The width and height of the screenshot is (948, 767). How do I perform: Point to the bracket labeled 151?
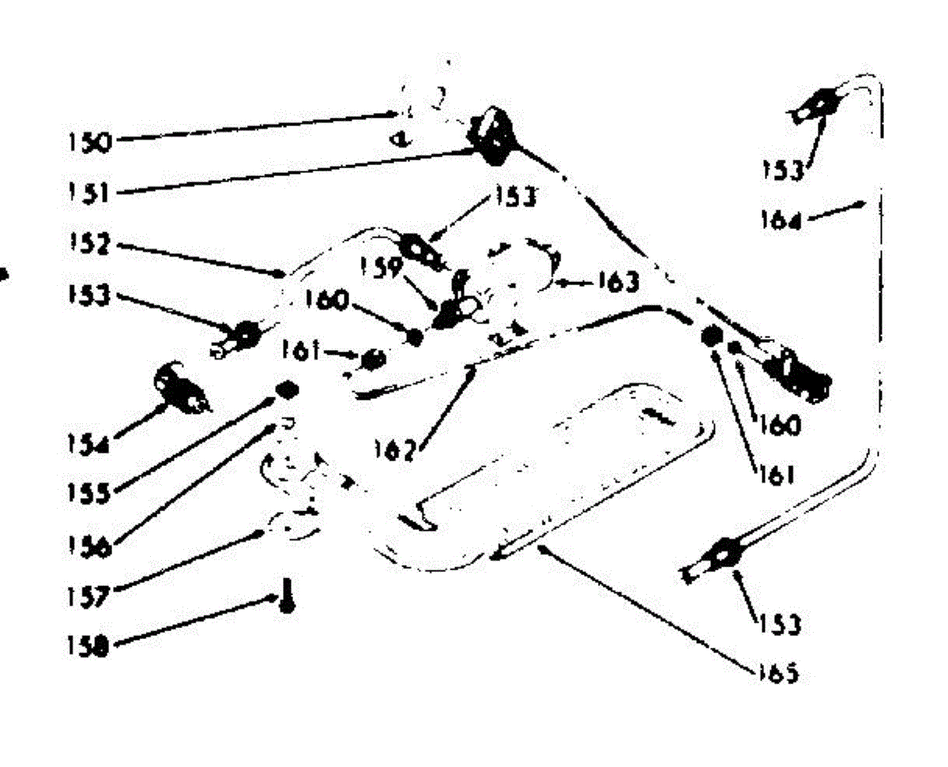pos(493,136)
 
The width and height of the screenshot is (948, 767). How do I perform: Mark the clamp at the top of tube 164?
pos(822,103)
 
